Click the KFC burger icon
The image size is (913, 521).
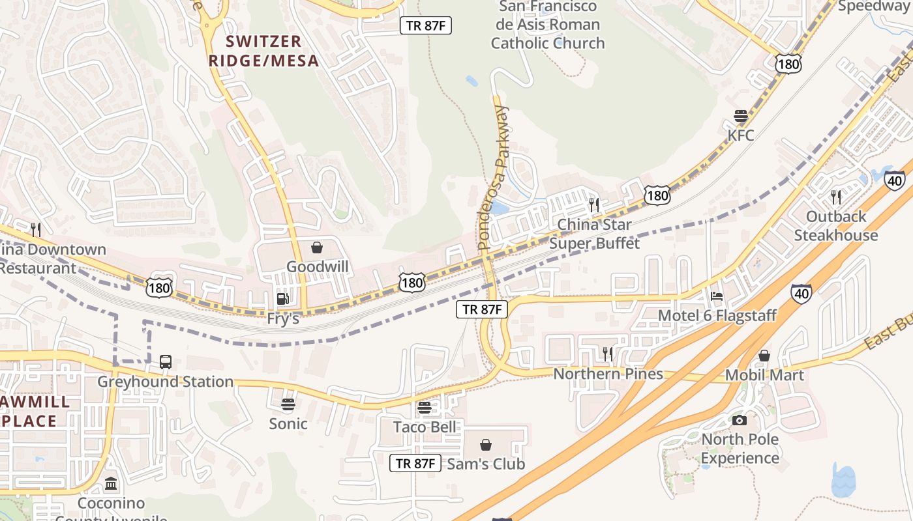tap(740, 117)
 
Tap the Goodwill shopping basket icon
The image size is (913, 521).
tap(317, 247)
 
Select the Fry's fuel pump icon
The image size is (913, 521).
tap(283, 299)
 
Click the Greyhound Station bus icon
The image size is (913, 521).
tap(166, 362)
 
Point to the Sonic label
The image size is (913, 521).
tap(288, 424)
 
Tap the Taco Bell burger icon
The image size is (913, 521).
tap(424, 408)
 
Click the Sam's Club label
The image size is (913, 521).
tap(486, 464)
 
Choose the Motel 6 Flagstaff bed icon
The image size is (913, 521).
tap(717, 296)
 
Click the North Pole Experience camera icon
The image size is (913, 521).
tap(740, 420)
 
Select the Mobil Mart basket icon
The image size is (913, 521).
tap(764, 356)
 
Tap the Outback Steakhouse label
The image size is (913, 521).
tap(836, 226)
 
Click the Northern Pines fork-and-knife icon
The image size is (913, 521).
tap(607, 354)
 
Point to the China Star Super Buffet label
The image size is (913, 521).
tap(593, 234)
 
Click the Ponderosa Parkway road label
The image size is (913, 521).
tap(492, 177)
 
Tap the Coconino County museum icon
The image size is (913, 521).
tap(111, 484)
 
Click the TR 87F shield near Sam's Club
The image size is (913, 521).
tap(416, 463)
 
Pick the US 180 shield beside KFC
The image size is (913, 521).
tap(788, 63)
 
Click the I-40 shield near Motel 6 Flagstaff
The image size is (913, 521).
tap(801, 294)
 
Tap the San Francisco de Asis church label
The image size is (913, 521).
tap(548, 25)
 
